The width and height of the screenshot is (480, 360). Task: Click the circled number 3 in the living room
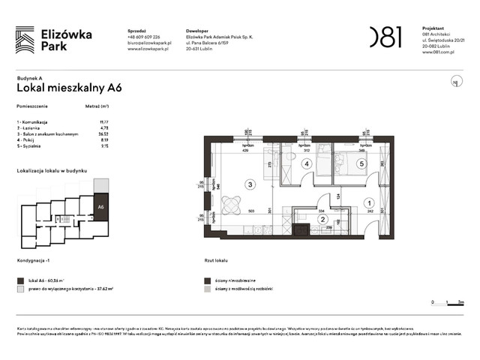(x=250, y=184)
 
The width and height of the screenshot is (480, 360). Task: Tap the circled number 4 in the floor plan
(x=306, y=163)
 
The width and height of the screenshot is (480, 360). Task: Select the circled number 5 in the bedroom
(x=361, y=163)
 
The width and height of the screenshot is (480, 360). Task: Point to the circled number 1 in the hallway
(x=368, y=202)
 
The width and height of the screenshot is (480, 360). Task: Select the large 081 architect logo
(x=384, y=37)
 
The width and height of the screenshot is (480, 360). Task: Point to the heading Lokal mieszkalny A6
(x=69, y=87)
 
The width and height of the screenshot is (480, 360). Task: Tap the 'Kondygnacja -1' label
(x=36, y=262)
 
